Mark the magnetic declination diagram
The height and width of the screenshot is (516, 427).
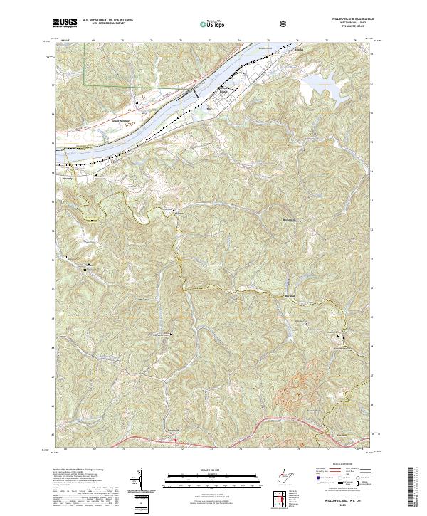coord(137,480)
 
